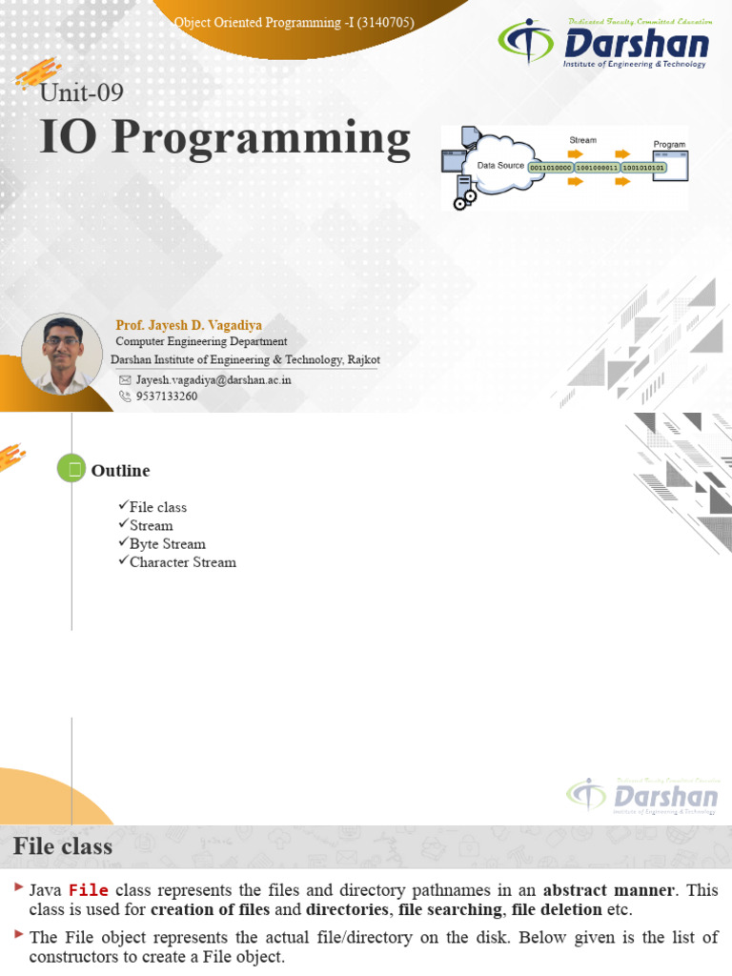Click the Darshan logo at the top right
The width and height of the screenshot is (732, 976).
[604, 45]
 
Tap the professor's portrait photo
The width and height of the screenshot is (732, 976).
[62, 354]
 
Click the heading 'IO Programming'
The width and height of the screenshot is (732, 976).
[225, 138]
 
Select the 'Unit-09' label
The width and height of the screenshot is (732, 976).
[82, 92]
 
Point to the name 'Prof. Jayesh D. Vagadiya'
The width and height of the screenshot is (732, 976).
[189, 325]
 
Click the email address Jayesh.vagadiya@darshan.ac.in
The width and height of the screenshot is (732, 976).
[213, 379]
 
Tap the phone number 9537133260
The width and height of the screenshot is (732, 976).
[167, 396]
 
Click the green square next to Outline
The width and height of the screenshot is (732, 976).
[71, 468]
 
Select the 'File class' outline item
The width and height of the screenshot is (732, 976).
[157, 507]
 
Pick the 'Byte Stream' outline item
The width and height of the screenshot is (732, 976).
[167, 544]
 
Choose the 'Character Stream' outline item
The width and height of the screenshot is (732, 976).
[182, 562]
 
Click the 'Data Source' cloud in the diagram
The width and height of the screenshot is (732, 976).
[499, 166]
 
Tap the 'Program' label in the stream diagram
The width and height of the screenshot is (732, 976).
[669, 145]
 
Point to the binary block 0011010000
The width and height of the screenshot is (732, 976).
[550, 168]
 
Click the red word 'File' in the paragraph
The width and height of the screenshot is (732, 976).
[89, 890]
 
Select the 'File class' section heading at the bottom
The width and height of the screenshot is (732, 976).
[63, 846]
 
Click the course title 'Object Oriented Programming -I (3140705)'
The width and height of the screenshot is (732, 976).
[294, 22]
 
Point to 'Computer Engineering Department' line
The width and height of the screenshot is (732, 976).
[201, 341]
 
